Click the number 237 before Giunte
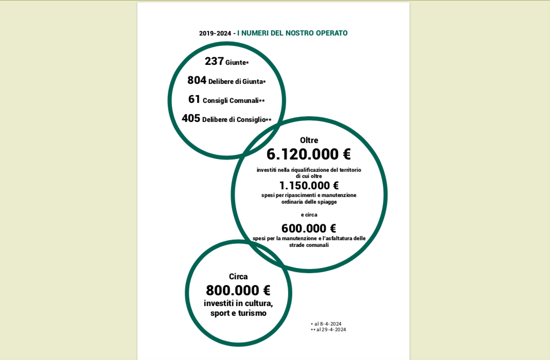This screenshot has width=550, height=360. coord(214,61)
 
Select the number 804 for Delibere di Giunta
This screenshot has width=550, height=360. coord(197,80)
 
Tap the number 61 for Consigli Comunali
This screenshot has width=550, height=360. coord(194,99)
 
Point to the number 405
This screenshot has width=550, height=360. coord(191,118)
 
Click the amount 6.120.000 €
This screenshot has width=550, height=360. coord(309,154)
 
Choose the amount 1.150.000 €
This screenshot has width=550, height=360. coord(309,186)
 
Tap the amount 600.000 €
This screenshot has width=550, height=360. coord(309,228)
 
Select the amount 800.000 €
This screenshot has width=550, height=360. coord(238,291)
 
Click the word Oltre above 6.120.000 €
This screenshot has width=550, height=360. coord(309,140)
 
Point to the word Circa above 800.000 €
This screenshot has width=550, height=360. coord(238,277)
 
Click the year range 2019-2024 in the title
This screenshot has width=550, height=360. coord(215,33)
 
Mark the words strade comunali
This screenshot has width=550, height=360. coord(309,245)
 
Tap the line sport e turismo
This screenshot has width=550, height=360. coord(238,313)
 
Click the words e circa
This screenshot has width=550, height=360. coord(309,215)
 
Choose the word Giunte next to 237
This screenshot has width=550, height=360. coord(236,63)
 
